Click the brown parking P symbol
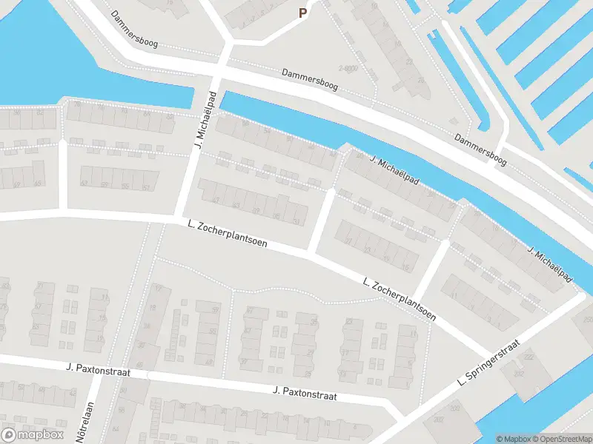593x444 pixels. pyautogui.click(x=302, y=13)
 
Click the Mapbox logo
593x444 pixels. pyautogui.click(x=32, y=434)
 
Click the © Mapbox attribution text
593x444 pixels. pyautogui.click(x=513, y=438)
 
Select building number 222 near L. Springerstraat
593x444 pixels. pyautogui.click(x=529, y=357)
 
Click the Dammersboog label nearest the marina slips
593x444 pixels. pyautogui.click(x=480, y=148)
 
